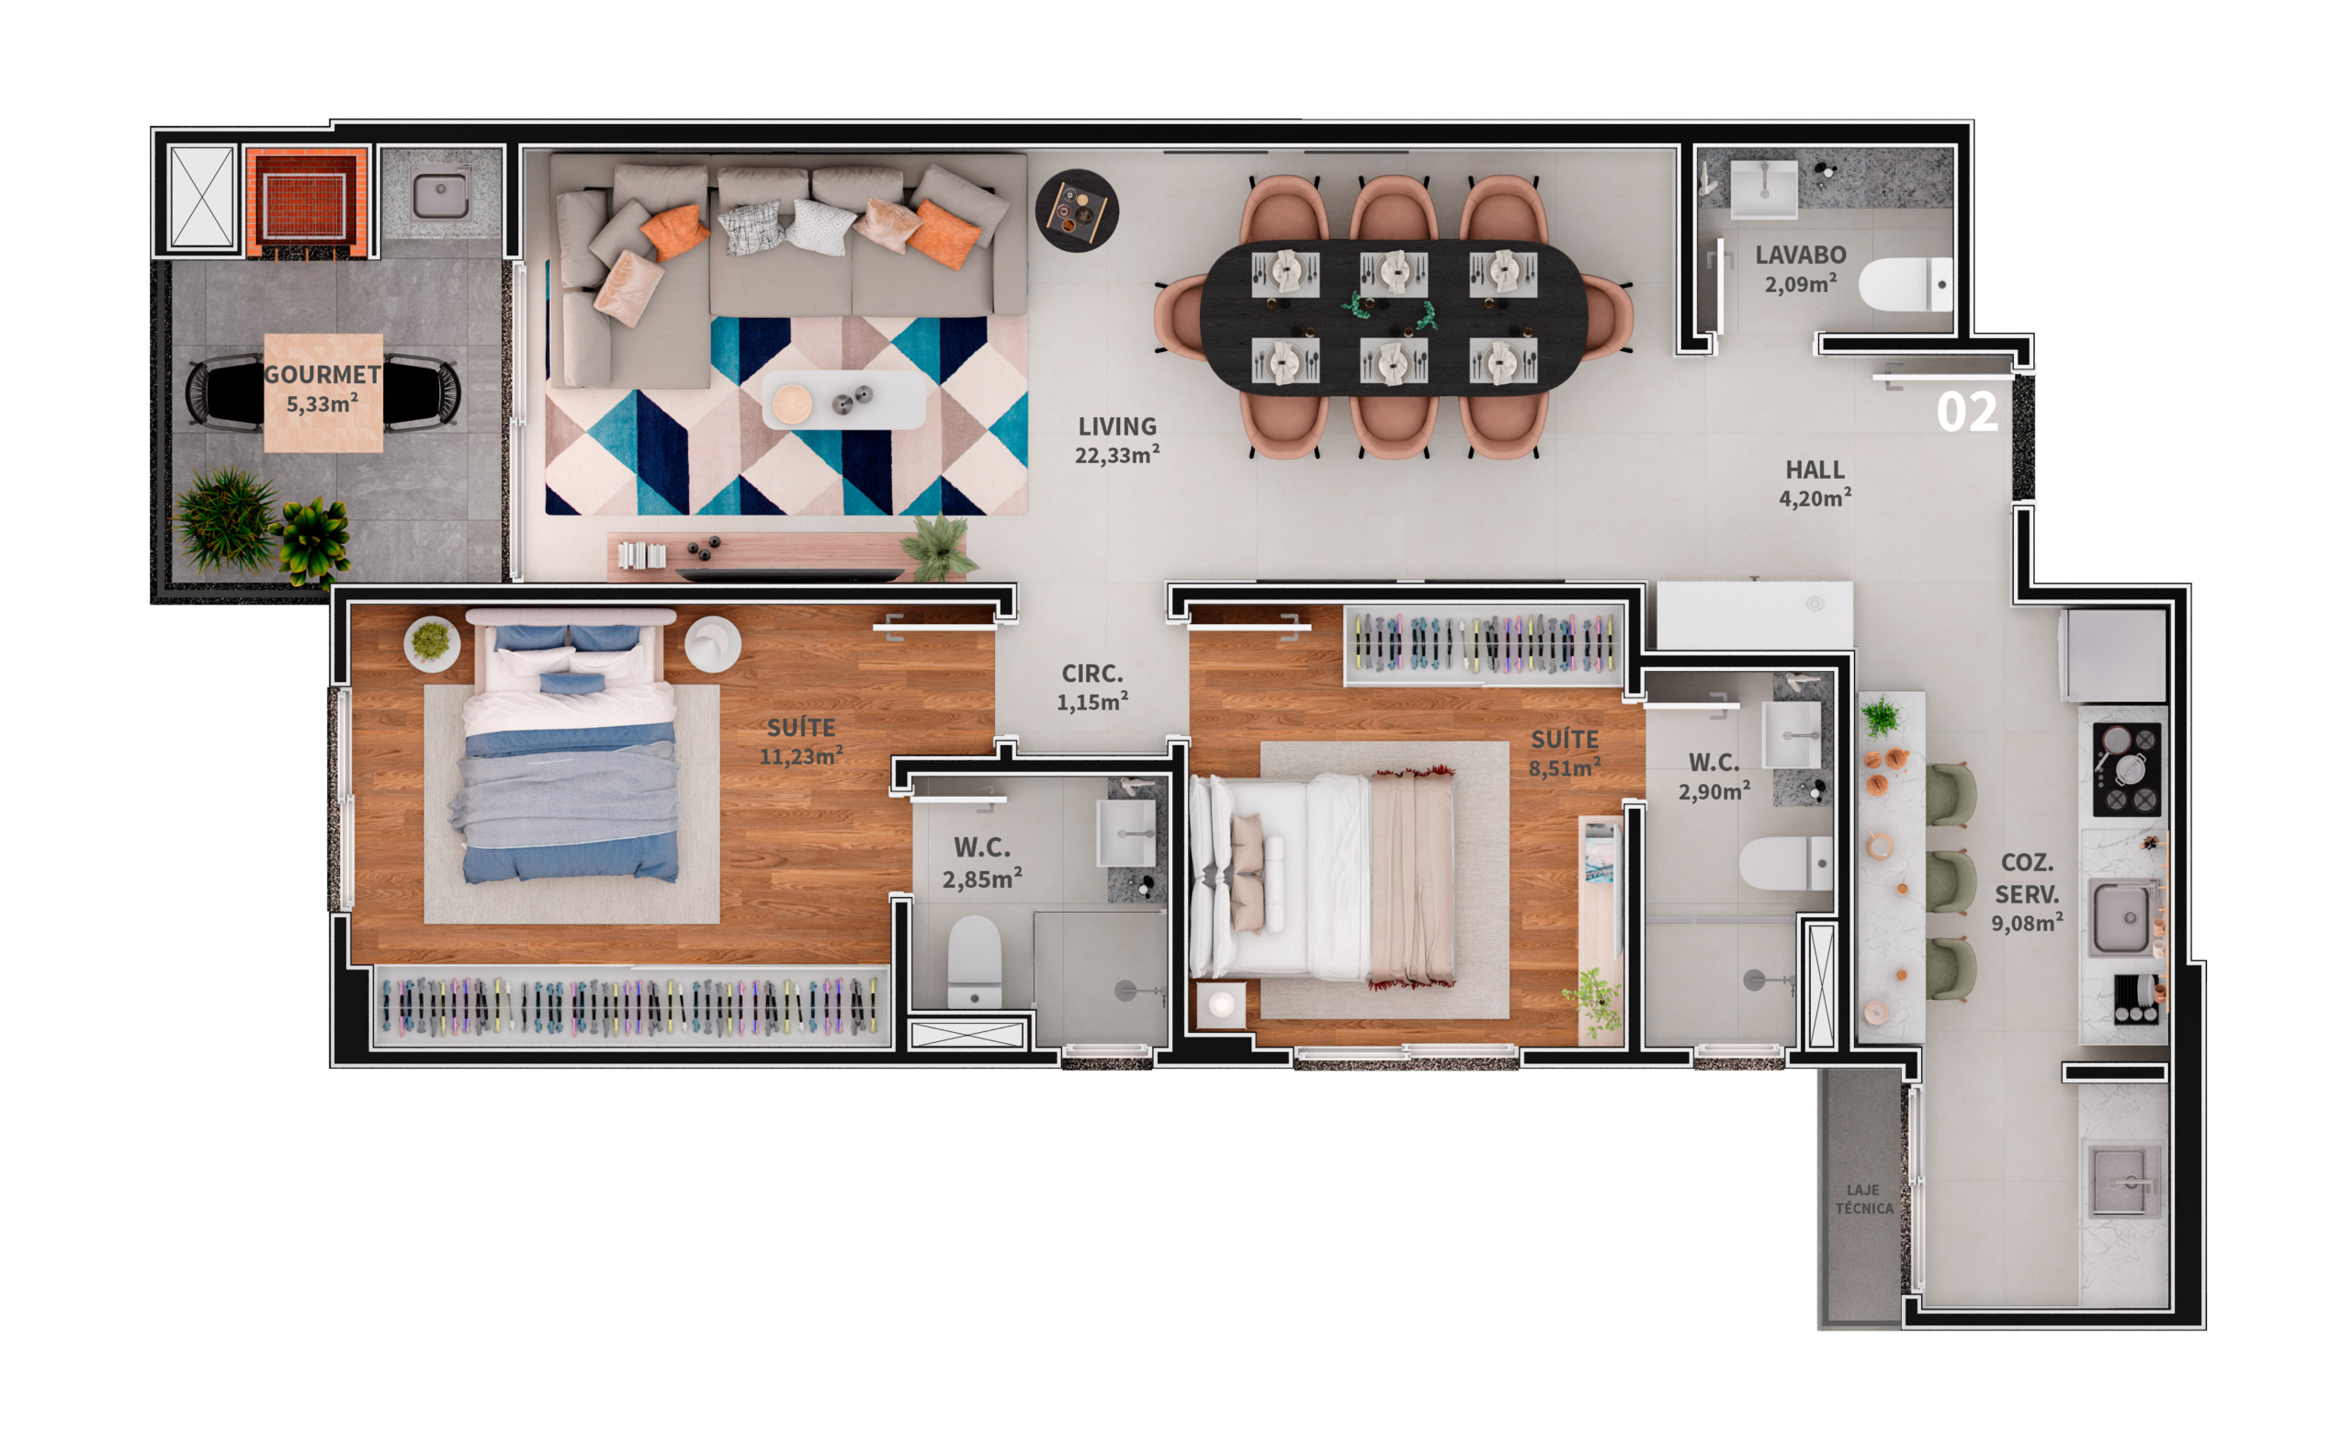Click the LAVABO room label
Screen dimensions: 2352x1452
[x=1800, y=255]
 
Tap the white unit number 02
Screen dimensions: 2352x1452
[x=1967, y=412]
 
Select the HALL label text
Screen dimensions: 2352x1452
[x=1815, y=470]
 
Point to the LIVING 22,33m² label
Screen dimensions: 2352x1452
[x=1116, y=440]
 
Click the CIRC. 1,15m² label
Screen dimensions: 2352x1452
[x=1092, y=687]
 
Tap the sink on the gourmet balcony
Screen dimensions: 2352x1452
[x=441, y=195]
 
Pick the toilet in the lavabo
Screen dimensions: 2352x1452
[x=1905, y=284]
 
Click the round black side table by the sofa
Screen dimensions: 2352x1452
[x=1076, y=210]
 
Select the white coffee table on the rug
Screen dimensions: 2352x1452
[x=843, y=401]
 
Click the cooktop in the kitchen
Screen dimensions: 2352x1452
[x=2126, y=770]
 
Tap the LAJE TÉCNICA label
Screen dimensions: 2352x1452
[x=1863, y=1199]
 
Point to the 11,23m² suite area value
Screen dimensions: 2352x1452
[x=800, y=755]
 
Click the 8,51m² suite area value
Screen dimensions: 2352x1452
[x=1564, y=767]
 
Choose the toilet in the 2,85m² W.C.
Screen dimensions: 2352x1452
[x=975, y=961]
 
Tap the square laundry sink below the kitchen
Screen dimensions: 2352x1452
[x=2124, y=1180]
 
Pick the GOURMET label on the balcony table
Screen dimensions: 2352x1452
[x=322, y=375]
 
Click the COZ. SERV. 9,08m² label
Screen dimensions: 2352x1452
[x=2027, y=893]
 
